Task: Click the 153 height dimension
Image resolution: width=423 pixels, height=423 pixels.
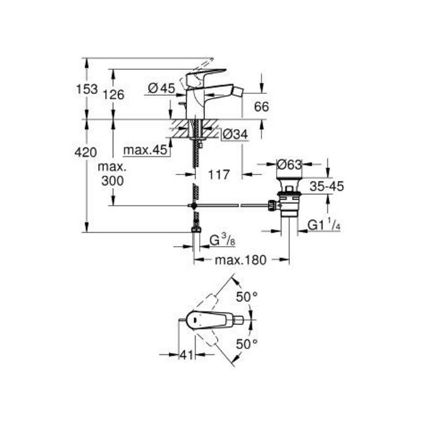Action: point(87,90)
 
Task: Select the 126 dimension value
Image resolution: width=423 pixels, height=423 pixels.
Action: point(113,94)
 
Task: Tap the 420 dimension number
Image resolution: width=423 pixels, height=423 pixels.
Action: point(87,153)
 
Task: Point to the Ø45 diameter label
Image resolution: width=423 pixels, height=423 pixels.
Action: point(162,89)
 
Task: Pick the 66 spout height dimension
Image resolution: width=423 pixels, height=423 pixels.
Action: point(261,106)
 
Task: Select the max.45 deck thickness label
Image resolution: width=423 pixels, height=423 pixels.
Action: point(146,150)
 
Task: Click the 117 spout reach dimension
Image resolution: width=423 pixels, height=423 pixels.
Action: point(220,174)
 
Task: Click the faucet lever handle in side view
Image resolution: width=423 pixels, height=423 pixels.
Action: point(206,76)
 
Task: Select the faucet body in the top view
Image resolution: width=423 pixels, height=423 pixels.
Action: point(209,320)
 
